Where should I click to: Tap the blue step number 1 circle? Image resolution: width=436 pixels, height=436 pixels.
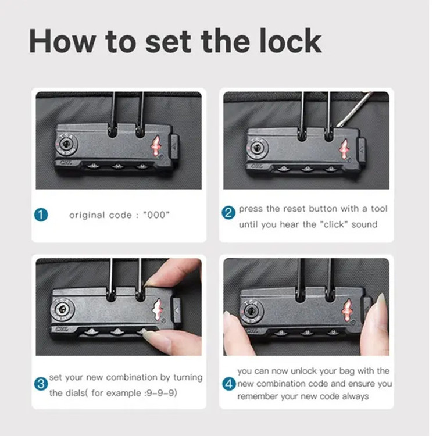41,215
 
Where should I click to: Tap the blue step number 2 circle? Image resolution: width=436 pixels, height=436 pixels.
228,213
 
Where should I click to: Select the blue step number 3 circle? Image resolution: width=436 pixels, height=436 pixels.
41,384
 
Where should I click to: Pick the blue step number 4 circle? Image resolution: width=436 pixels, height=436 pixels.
229,384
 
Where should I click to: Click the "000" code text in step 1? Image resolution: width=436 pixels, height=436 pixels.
156,215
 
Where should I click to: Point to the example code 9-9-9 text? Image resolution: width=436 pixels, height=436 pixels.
161,393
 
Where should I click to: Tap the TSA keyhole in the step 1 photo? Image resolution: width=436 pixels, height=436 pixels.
67,145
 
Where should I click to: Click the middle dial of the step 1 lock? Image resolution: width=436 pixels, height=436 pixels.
117,167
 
